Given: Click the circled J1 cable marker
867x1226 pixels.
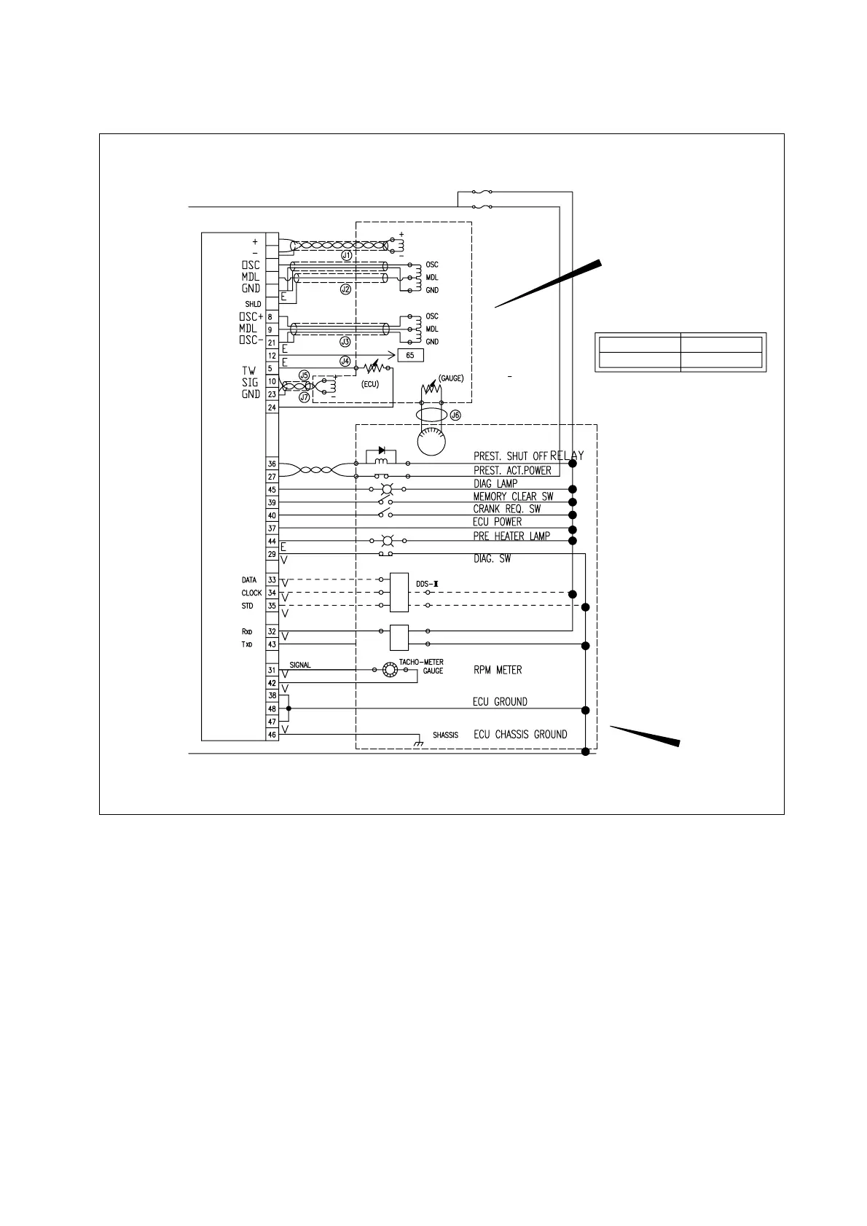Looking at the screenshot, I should pyautogui.click(x=347, y=256).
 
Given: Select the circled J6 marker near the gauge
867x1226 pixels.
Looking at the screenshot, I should pyautogui.click(x=455, y=415).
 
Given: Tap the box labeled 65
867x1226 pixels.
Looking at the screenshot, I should pyautogui.click(x=410, y=355).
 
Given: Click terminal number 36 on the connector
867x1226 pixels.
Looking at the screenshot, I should pyautogui.click(x=272, y=464).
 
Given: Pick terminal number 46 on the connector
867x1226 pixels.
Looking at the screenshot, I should pyautogui.click(x=272, y=735).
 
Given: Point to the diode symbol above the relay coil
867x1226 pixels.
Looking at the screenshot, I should pyautogui.click(x=382, y=450).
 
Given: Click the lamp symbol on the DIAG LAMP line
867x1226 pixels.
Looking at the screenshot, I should pyautogui.click(x=388, y=489).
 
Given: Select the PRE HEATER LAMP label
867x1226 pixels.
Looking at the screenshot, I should pyautogui.click(x=511, y=536).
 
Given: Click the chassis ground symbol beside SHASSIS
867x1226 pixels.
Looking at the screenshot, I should pyautogui.click(x=419, y=743).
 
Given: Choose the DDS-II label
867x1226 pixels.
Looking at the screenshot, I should pyautogui.click(x=426, y=584).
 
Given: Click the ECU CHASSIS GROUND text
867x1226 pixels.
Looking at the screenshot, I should pyautogui.click(x=520, y=735).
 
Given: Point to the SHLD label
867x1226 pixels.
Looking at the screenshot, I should pyautogui.click(x=253, y=304).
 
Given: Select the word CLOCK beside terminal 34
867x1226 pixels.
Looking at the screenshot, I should pyautogui.click(x=251, y=593).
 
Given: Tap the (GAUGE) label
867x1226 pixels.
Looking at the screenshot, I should pyautogui.click(x=451, y=379).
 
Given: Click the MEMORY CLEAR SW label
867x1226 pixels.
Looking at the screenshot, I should pyautogui.click(x=513, y=496).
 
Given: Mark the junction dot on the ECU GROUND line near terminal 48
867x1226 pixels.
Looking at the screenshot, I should pyautogui.click(x=289, y=708).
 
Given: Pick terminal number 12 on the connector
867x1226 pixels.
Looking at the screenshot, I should pyautogui.click(x=272, y=356).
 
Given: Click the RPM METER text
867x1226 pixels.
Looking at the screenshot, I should pyautogui.click(x=498, y=670).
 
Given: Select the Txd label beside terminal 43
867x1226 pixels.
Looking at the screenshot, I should pyautogui.click(x=247, y=645).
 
